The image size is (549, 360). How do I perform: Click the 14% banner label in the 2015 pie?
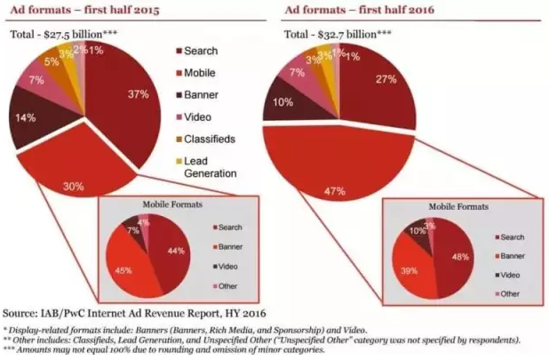(29, 116)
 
